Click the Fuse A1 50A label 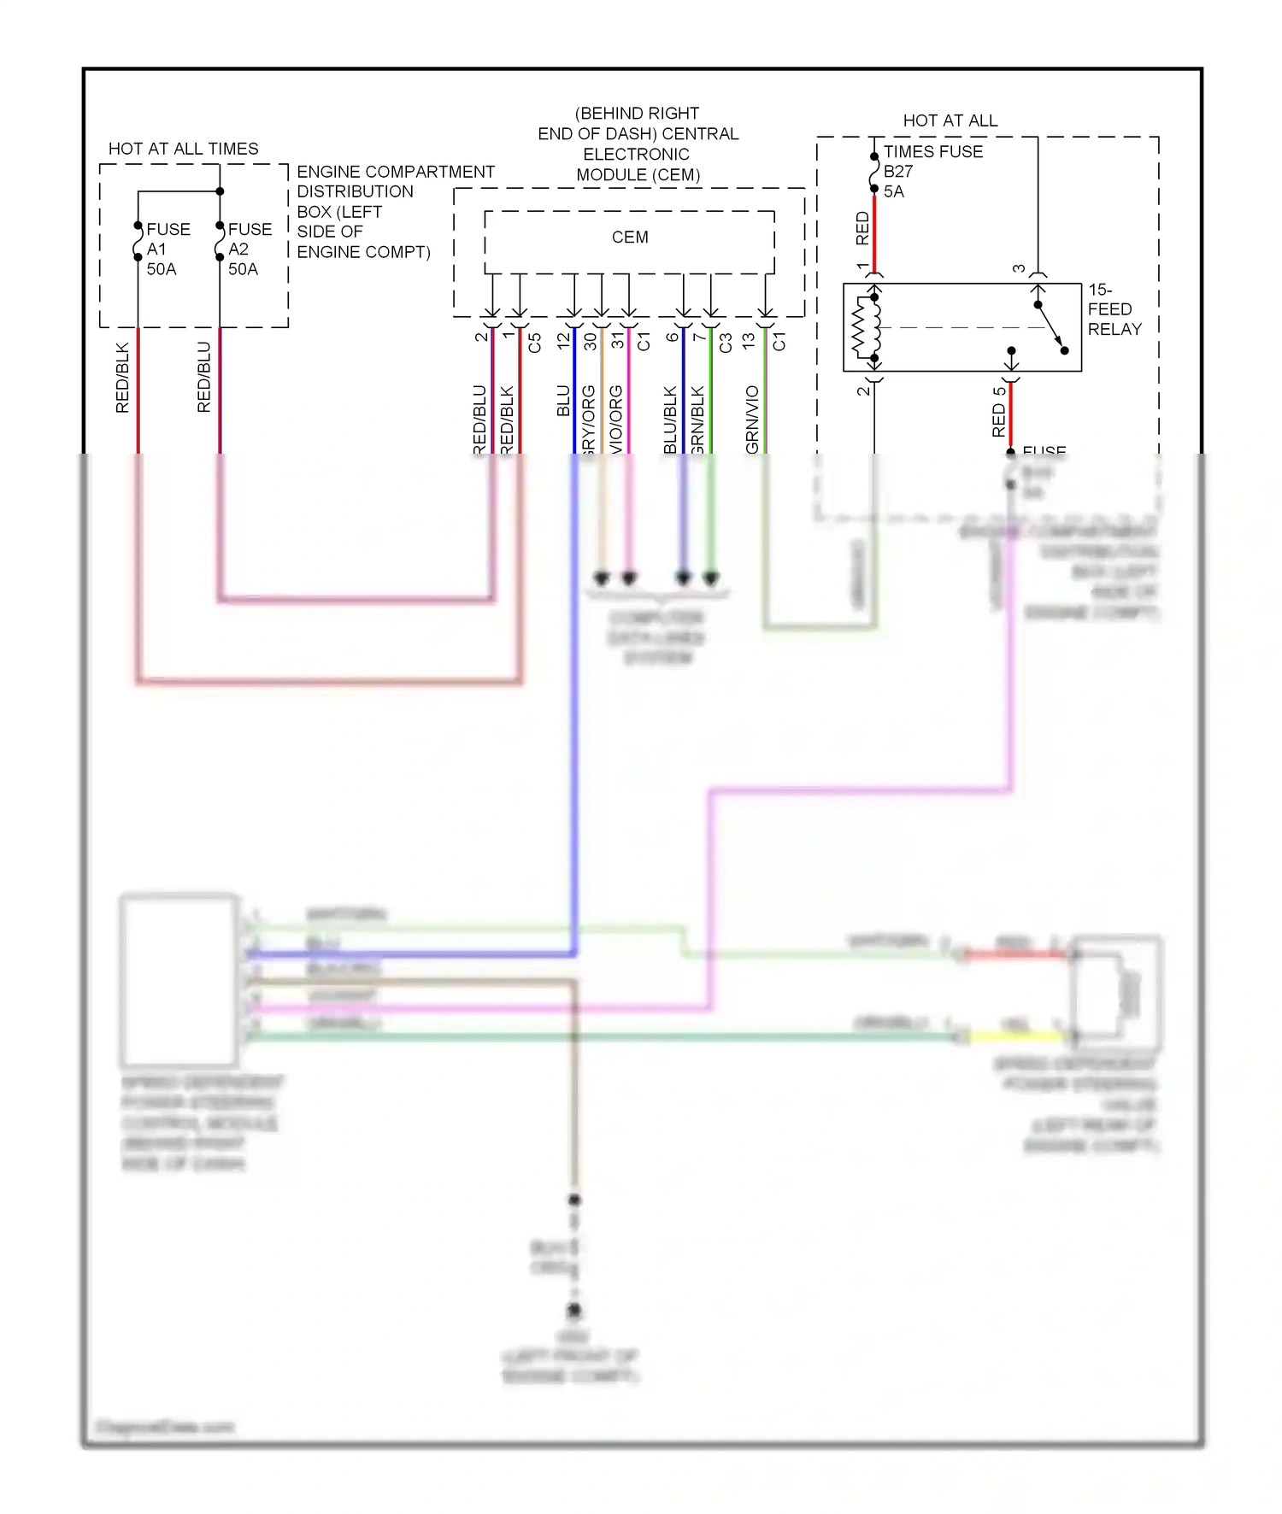coord(167,249)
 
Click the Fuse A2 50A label coord(249,249)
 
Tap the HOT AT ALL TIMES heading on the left coord(183,149)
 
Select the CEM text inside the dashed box coord(630,238)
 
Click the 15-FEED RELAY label coord(1114,309)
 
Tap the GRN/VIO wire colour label coord(752,419)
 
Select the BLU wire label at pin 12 coord(563,401)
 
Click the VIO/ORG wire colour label coord(616,419)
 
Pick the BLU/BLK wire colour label coord(671,419)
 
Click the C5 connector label coord(535,343)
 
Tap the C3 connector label coord(726,343)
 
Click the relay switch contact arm coord(1051,327)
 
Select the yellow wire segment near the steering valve coord(1017,1036)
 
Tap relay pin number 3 coord(1019,268)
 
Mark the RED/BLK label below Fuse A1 coord(122,378)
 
